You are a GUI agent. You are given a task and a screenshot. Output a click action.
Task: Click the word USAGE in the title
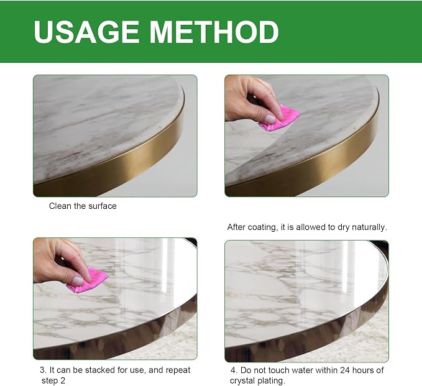coord(86,32)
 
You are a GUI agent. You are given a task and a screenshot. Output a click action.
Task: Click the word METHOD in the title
coord(214,32)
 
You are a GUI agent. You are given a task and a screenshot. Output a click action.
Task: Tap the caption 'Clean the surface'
coord(83,206)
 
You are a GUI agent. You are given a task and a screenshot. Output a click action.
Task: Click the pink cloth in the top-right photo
coord(279,119)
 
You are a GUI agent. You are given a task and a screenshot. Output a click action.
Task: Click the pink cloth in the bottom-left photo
coord(87,280)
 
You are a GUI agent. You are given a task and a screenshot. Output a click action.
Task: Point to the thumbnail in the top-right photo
coord(270,118)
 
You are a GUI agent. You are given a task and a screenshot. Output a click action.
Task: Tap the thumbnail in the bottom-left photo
coord(78,280)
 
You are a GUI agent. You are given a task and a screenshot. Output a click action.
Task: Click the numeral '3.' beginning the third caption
coord(44,370)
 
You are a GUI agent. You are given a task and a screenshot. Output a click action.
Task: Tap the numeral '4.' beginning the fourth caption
coord(234,370)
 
